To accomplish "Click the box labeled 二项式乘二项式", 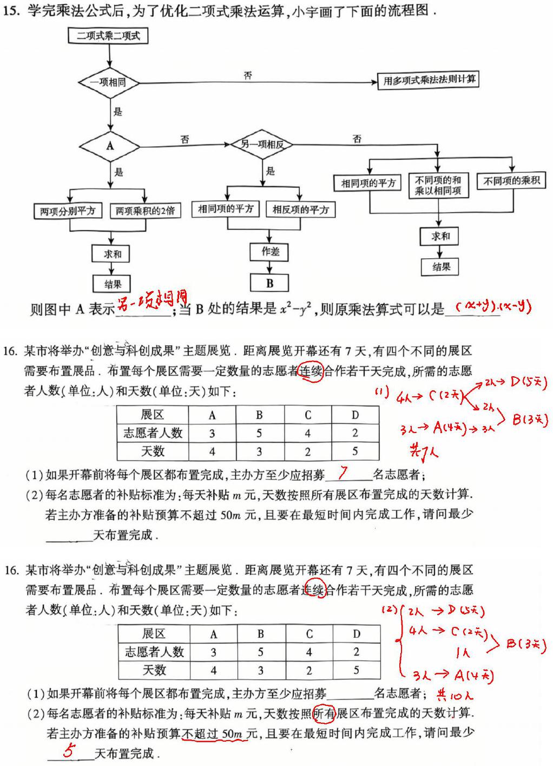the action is pos(108,36).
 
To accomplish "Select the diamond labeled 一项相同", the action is pos(109,82).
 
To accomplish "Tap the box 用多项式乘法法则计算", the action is pos(428,81).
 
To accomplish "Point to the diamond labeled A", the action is pos(110,147).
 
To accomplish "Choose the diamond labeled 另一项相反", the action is pos(262,145).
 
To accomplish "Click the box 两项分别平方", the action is pos(68,211).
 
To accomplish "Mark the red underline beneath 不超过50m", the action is pos(215,739).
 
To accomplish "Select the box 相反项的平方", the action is pos(300,209).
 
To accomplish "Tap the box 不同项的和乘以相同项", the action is pos(438,185).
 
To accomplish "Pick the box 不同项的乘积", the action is pos(511,181).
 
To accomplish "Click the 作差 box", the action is pos(269,252).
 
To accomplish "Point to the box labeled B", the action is pos(269,283).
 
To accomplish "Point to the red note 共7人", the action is pos(424,452).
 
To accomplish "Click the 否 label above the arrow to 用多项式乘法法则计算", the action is pos(248,75).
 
